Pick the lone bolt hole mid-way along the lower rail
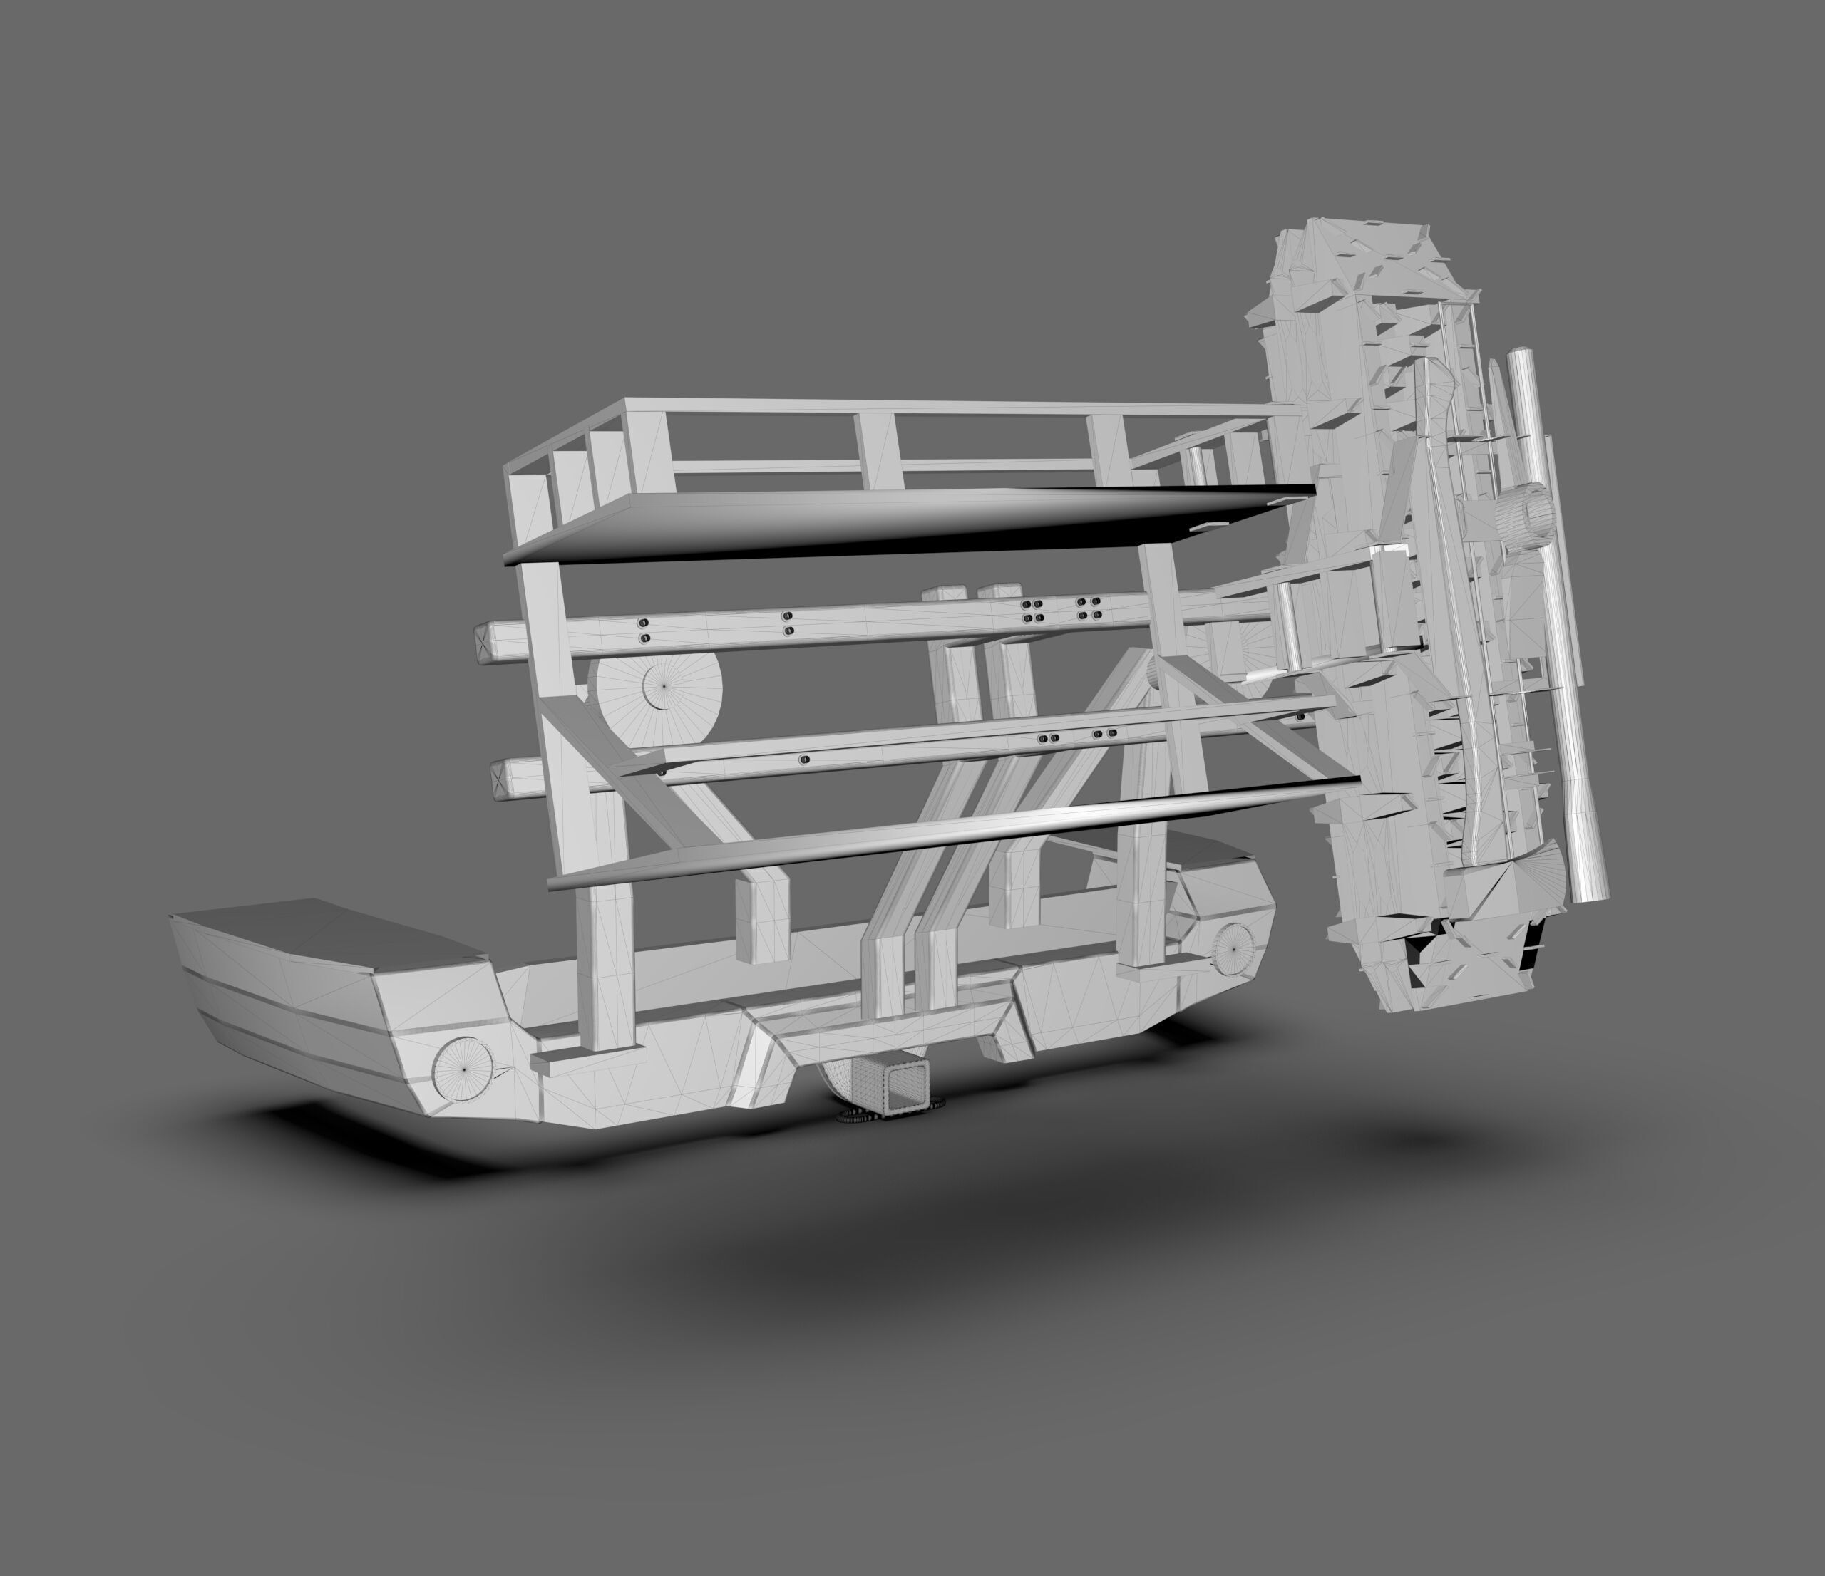click(804, 759)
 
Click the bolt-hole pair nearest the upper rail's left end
click(644, 630)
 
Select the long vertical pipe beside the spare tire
click(1559, 616)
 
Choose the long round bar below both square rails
click(951, 832)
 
